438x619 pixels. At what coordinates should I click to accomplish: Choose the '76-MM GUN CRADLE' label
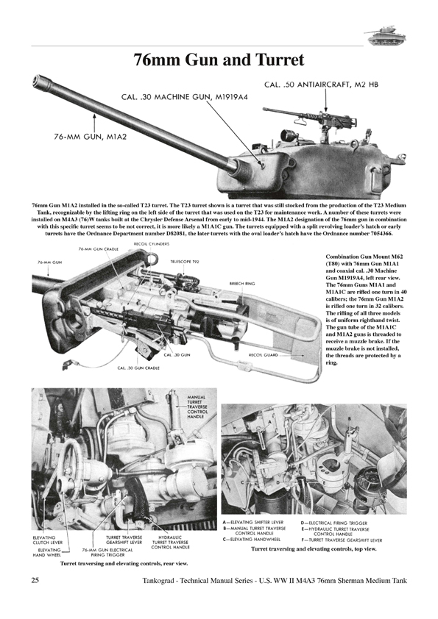coord(99,250)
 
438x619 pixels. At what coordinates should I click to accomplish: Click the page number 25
coord(35,582)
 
